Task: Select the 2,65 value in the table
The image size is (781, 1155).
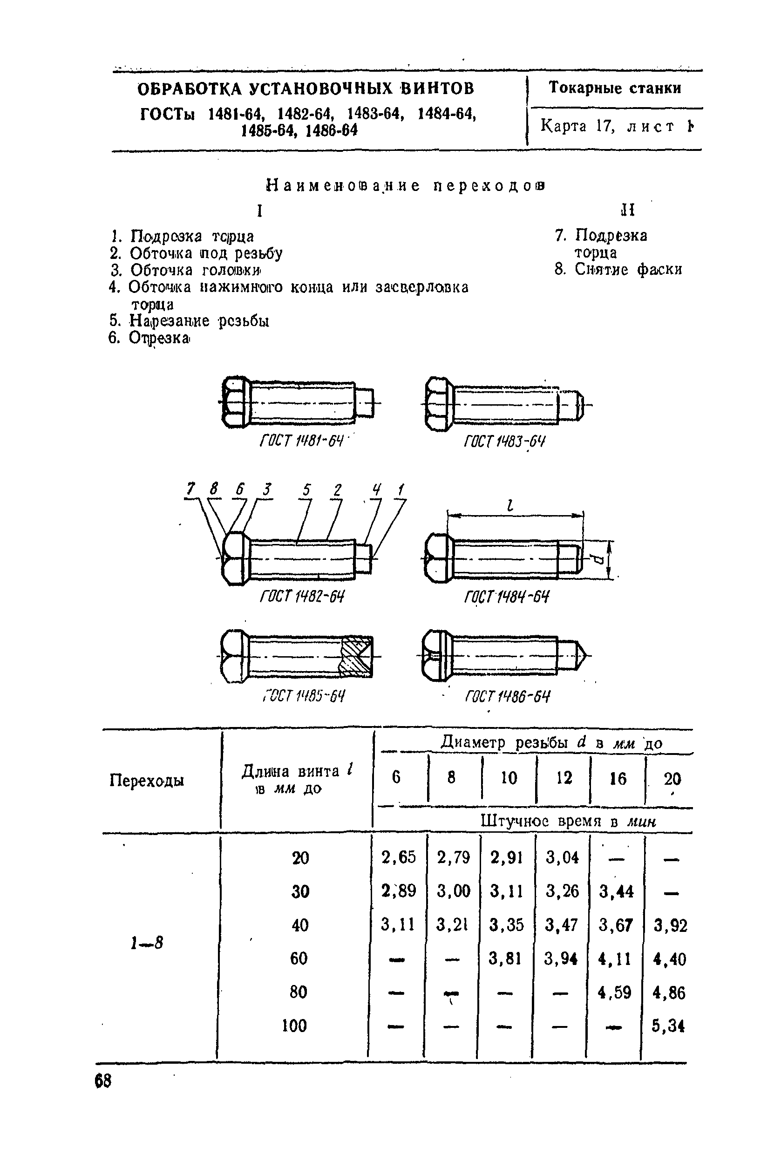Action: (x=399, y=857)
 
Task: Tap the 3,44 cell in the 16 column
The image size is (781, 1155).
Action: (x=616, y=891)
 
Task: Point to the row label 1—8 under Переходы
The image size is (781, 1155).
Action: (x=147, y=943)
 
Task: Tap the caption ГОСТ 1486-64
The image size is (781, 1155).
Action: (x=507, y=696)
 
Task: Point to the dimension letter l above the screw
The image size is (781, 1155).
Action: (x=509, y=506)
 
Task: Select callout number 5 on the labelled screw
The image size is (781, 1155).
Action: (x=306, y=490)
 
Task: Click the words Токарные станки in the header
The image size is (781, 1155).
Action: (x=615, y=88)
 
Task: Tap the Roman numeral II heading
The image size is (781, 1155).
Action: (x=627, y=210)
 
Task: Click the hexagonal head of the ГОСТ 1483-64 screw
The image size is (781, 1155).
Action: (x=438, y=404)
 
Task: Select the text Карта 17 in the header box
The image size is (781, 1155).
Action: (x=578, y=126)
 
